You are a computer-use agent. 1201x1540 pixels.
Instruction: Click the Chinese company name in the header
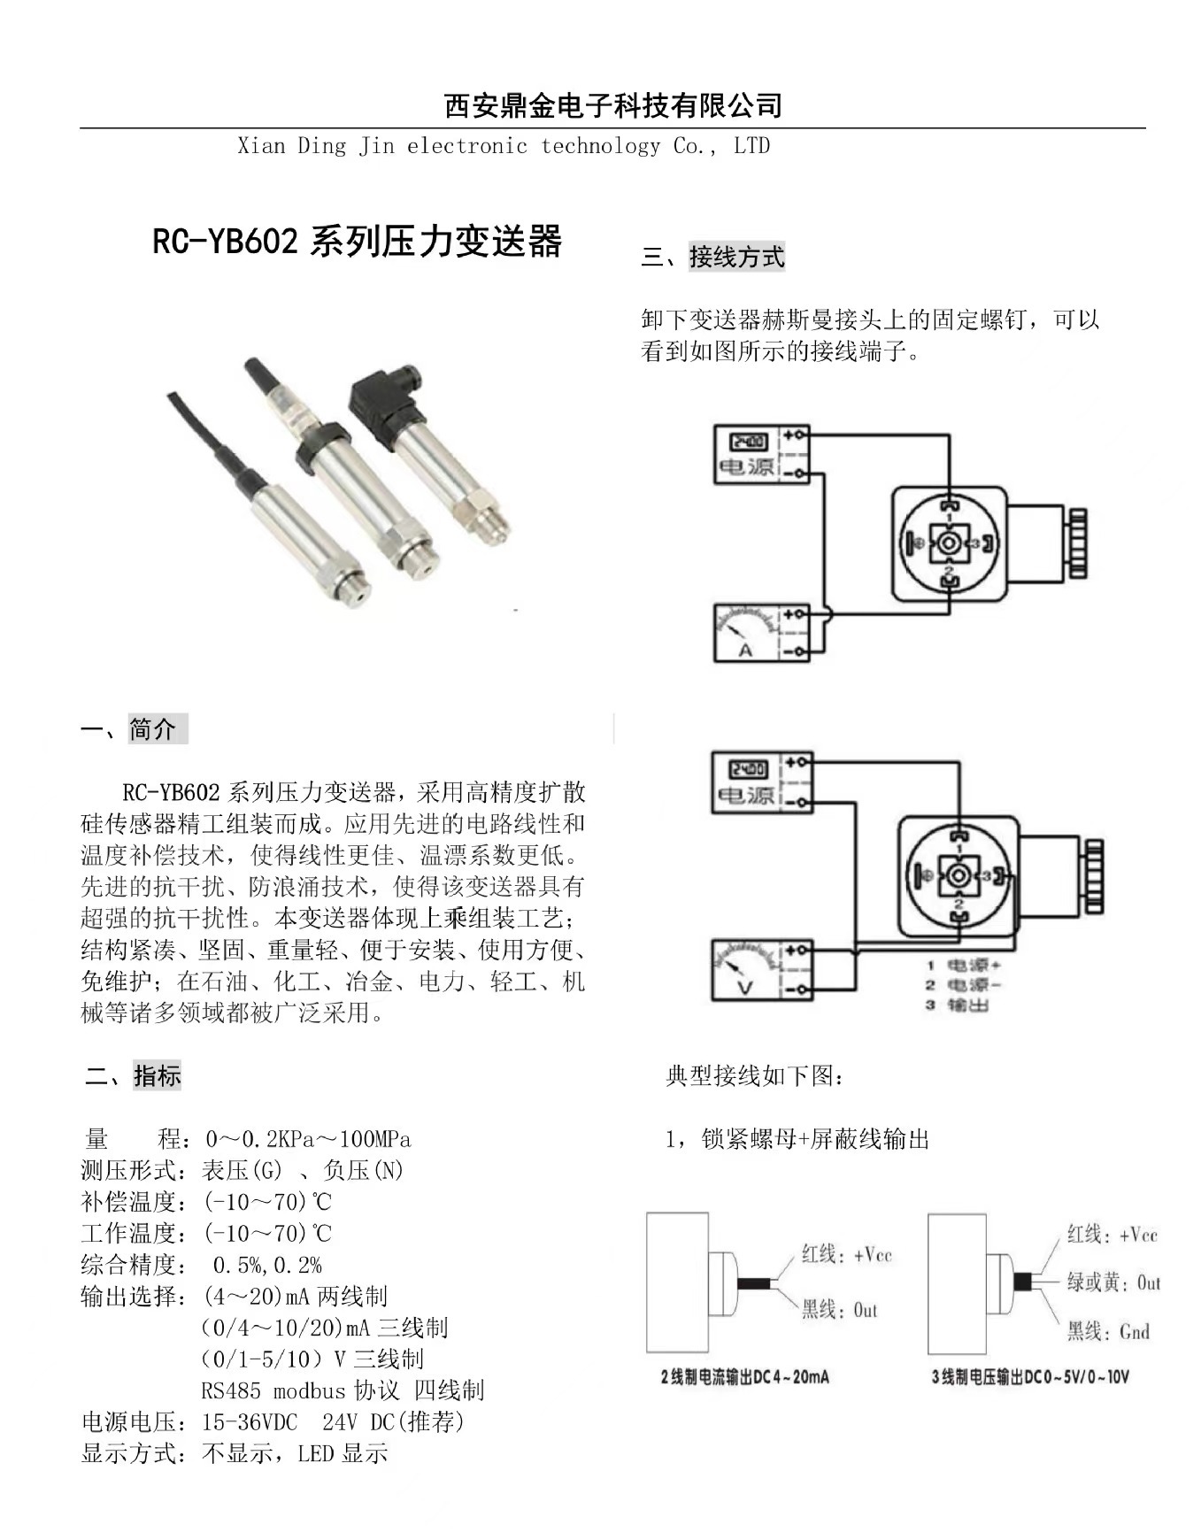coord(612,106)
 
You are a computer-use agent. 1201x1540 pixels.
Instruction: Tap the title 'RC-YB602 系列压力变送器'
coord(357,241)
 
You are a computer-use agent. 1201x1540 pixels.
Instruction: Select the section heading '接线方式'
coord(735,258)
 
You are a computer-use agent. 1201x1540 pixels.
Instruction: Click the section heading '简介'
coord(154,729)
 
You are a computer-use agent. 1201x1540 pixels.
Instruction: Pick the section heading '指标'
coord(157,1075)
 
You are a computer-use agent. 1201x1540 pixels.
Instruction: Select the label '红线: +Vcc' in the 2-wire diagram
coord(846,1254)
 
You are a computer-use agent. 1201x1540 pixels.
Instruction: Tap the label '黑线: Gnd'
coord(1107,1332)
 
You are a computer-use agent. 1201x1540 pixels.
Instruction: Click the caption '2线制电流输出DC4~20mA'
coord(744,1377)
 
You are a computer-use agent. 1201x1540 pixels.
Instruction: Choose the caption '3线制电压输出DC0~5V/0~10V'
coord(1029,1377)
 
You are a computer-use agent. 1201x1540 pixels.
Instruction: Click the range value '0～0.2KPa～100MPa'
coord(308,1139)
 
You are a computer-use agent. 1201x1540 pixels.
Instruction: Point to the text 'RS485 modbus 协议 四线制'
coord(343,1390)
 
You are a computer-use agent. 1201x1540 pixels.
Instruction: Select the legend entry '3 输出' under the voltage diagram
coord(958,1005)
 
